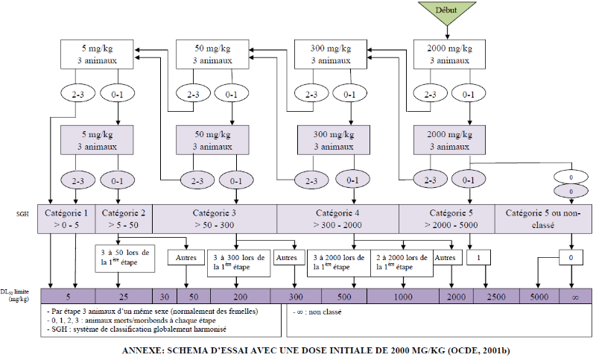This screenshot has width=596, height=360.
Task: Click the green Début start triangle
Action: [447, 13]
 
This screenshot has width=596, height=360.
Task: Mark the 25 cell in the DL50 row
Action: [124, 296]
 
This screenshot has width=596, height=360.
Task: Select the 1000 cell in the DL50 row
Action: [402, 296]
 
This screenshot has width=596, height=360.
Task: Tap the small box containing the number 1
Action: [477, 256]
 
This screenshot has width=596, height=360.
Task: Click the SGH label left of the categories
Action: [24, 214]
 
